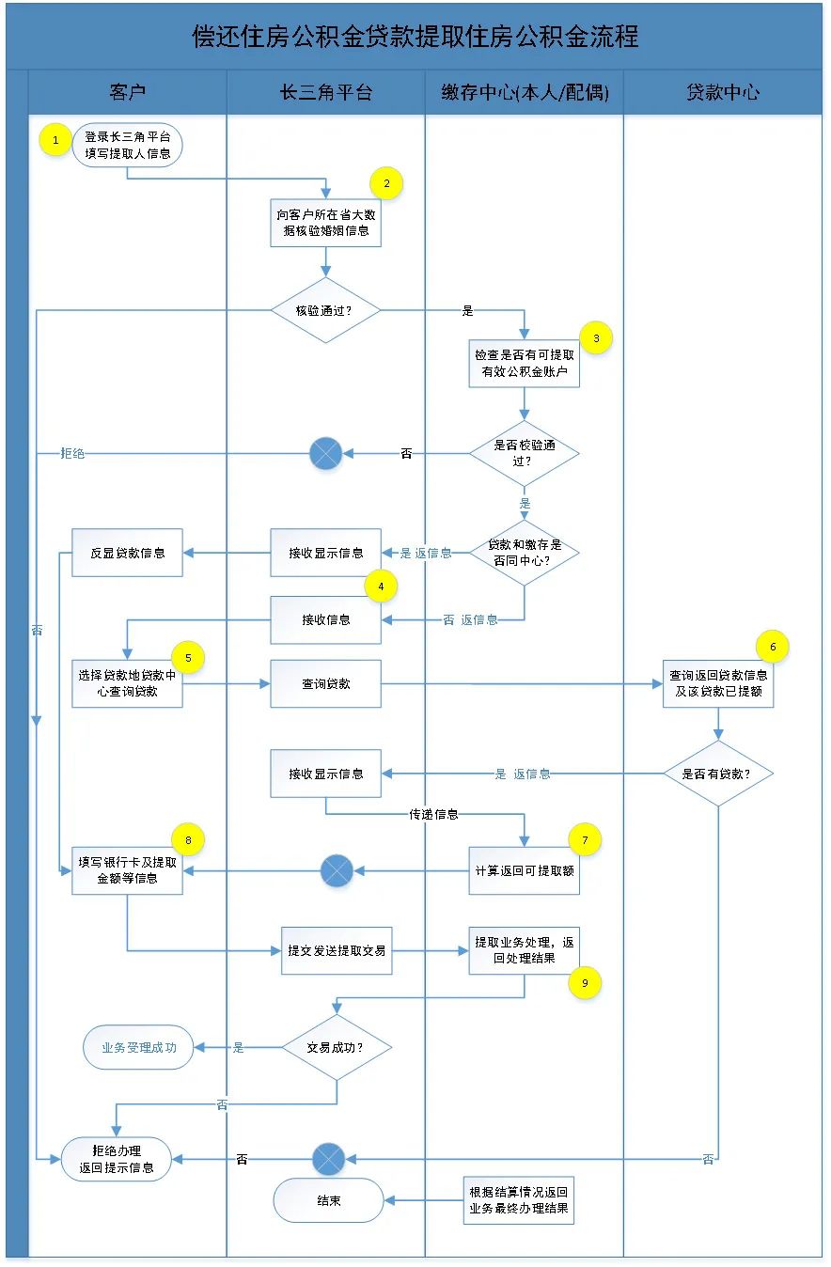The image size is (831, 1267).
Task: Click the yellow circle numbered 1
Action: coord(55,141)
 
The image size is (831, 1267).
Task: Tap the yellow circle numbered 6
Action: coord(773,646)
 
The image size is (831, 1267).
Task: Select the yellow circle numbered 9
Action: coord(585,982)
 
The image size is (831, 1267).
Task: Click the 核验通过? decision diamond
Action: coord(325,309)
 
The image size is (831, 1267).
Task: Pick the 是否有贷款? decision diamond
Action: coord(718,774)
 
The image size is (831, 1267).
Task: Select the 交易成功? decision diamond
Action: coord(336,1047)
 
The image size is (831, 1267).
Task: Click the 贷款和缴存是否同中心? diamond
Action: coord(525,553)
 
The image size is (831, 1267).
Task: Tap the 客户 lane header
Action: coord(128,92)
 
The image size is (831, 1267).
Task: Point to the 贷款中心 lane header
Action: coord(722,92)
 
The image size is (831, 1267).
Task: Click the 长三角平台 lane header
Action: coord(325,92)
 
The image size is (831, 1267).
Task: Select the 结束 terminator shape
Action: coord(329,1200)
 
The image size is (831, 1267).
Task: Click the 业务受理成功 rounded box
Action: coord(138,1047)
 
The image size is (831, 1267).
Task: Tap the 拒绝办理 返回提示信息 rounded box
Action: coord(117,1159)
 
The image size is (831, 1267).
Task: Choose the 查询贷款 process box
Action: coord(325,684)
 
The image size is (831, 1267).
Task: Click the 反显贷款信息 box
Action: coord(127,553)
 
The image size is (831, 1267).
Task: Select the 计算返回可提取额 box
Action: coord(525,870)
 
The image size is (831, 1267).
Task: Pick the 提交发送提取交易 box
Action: coord(337,950)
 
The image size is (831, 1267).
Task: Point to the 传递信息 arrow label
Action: coord(433,815)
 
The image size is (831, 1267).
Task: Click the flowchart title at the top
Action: coord(415,36)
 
